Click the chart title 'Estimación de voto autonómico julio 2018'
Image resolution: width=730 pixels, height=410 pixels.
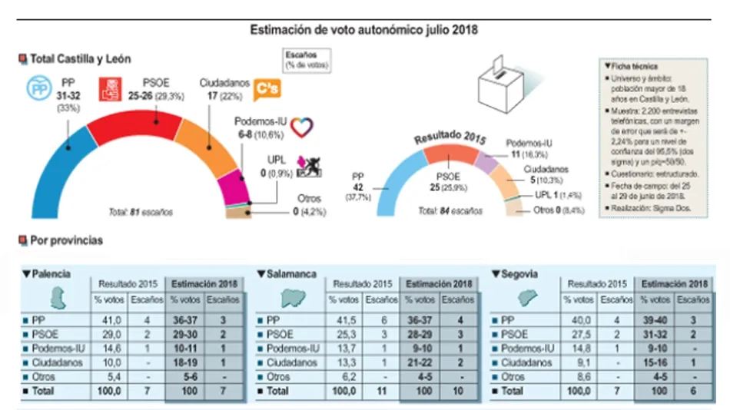(364, 30)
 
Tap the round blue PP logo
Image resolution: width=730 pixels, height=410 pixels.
(38, 89)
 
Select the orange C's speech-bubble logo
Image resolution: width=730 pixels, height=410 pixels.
(267, 90)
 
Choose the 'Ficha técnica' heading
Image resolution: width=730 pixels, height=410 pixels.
(632, 67)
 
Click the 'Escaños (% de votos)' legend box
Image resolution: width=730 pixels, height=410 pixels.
(306, 61)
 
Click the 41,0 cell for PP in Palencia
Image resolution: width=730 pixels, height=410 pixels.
(108, 319)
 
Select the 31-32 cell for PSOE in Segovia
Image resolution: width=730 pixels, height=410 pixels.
(655, 334)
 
